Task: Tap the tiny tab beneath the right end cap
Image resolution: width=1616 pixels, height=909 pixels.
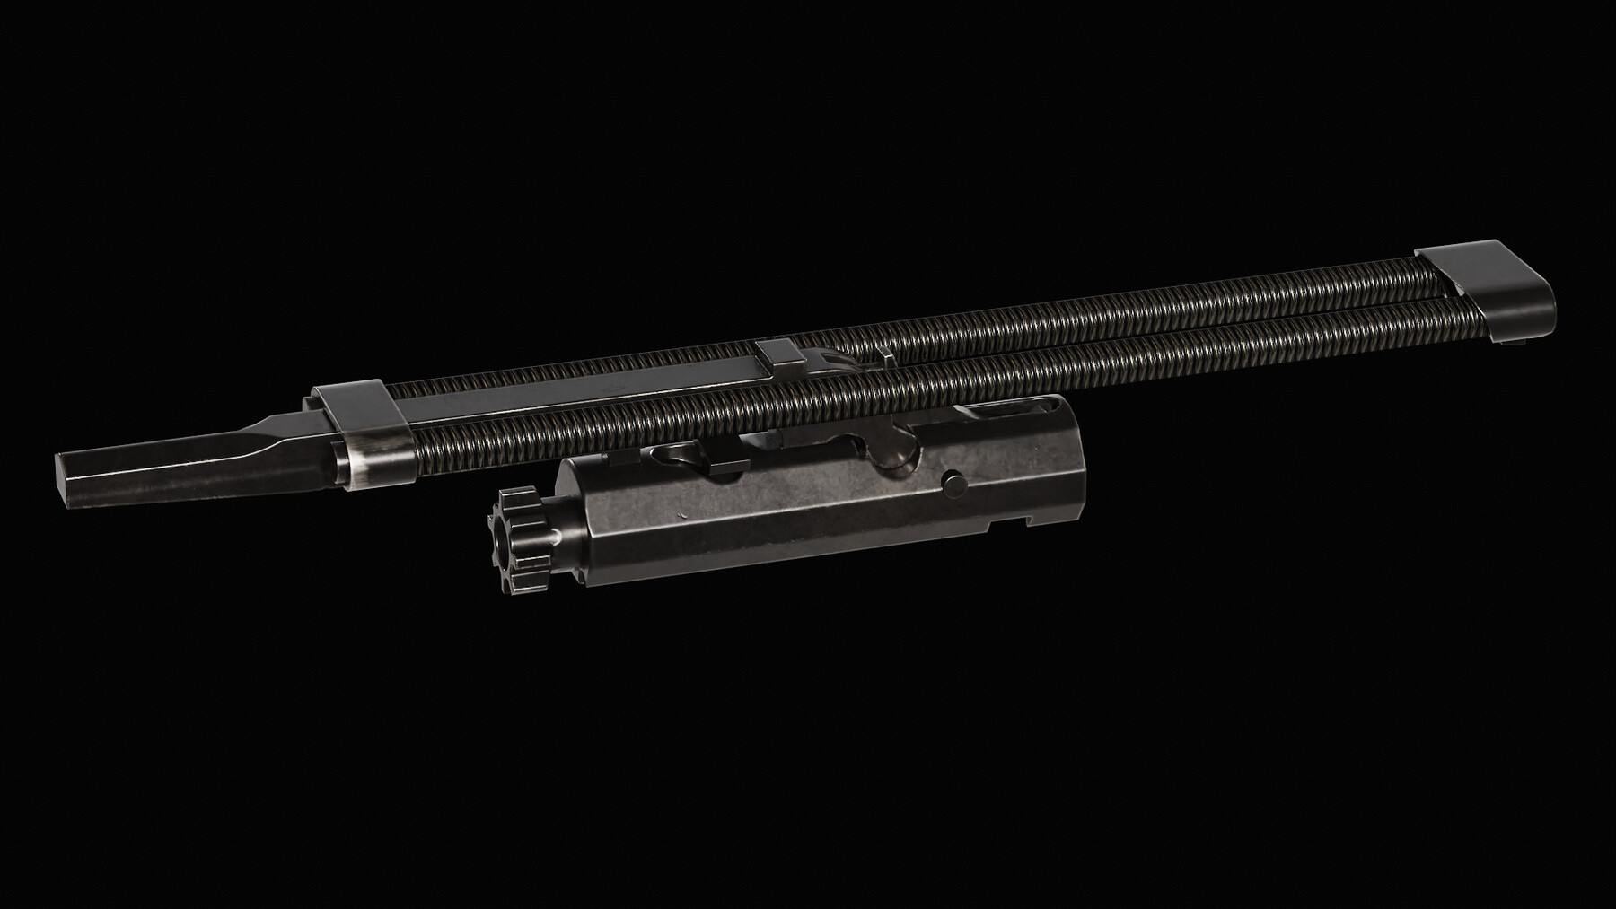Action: pyautogui.click(x=1516, y=340)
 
